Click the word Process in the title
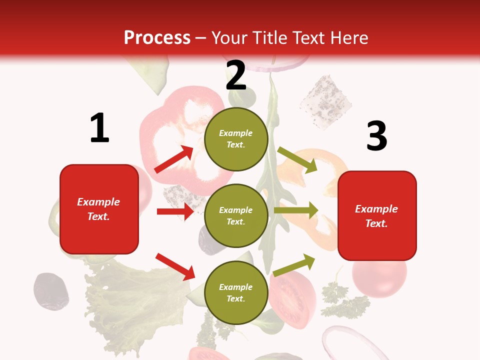(157, 37)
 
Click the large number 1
(99, 128)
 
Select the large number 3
(376, 136)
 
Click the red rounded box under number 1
(99, 209)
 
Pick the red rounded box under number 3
(377, 216)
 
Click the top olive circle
(236, 138)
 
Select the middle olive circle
(236, 215)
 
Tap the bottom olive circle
(236, 292)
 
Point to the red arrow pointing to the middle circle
(175, 211)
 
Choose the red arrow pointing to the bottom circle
(175, 266)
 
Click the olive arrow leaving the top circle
(297, 160)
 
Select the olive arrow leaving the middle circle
(296, 210)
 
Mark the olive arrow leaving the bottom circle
(294, 265)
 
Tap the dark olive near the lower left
(50, 291)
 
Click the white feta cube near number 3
(324, 101)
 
